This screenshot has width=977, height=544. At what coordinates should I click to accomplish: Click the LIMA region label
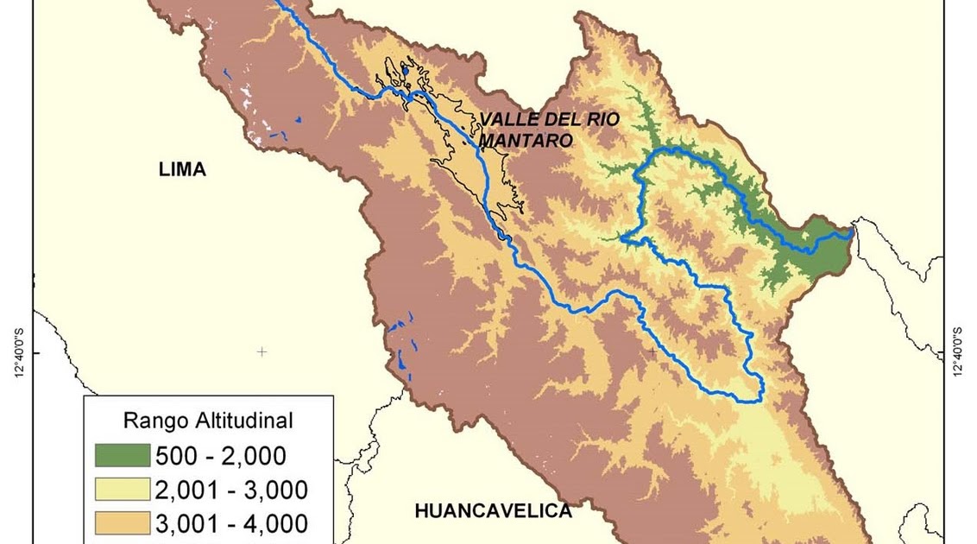[x=182, y=169]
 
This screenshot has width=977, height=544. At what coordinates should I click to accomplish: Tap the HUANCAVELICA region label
[x=494, y=511]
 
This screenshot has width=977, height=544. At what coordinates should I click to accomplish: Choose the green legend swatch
[x=120, y=455]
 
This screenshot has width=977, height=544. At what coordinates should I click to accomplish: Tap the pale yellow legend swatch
[x=120, y=490]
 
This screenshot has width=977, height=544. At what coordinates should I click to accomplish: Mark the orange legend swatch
[x=120, y=524]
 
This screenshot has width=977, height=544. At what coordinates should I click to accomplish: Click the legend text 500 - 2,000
[x=219, y=456]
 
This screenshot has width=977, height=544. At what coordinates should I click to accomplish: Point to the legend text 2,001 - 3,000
[x=230, y=490]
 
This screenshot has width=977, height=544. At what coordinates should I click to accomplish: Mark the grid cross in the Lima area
[x=262, y=352]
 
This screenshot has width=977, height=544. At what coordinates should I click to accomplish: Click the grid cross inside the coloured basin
[x=652, y=352]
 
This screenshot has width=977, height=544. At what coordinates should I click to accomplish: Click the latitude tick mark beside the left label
[x=35, y=352]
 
